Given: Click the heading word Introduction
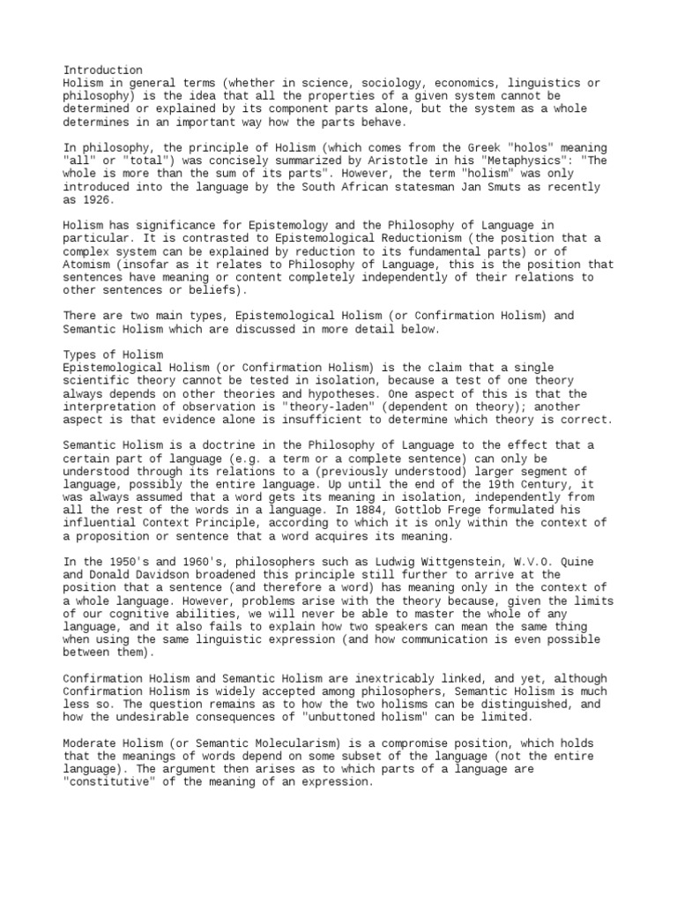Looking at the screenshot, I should (x=103, y=70).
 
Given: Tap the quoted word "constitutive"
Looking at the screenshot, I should (x=114, y=782).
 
